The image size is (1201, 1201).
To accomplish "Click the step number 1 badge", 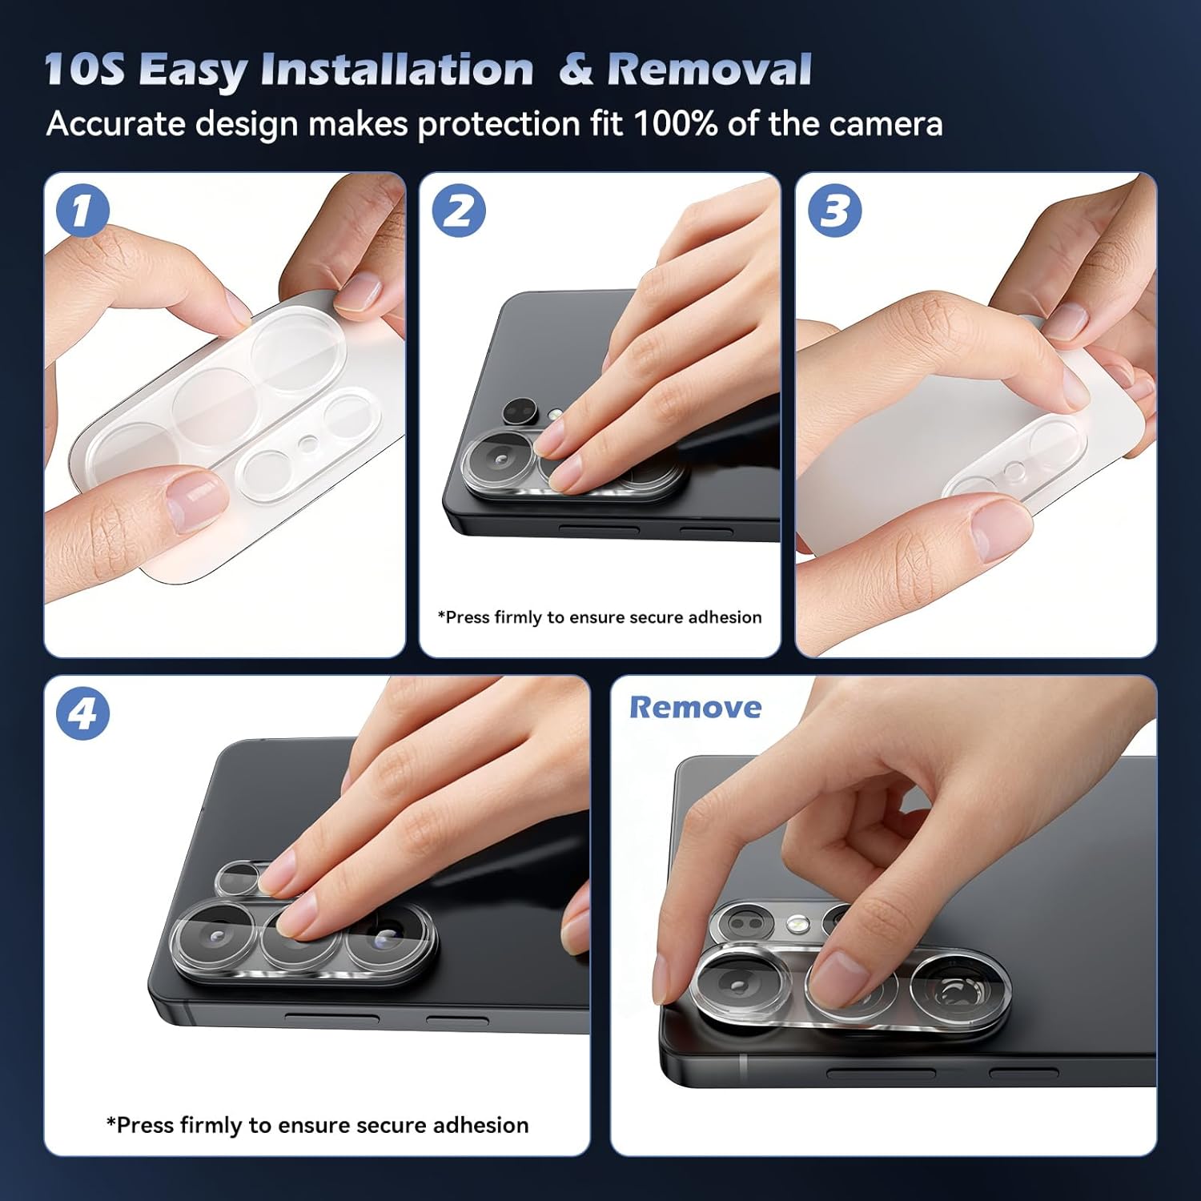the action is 82,211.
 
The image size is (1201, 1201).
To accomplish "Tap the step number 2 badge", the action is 459,211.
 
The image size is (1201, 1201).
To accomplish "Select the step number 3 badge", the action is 834,211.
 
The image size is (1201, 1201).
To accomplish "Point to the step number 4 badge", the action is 82,713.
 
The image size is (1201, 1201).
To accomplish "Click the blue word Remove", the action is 695,707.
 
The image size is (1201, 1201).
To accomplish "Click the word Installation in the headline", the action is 397,69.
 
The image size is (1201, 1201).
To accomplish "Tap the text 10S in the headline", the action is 84,69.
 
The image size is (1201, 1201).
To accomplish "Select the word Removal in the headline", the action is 709,69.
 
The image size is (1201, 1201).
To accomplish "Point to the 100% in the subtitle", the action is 675,124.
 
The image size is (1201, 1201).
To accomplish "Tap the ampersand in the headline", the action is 576,69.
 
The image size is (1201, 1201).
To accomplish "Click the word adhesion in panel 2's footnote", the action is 725,617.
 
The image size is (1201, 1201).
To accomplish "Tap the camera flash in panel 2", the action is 556,415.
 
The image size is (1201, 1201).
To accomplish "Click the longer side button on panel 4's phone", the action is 332,1018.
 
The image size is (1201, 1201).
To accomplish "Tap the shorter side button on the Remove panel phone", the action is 1024,1073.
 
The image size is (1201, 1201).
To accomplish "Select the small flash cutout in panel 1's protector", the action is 308,443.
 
